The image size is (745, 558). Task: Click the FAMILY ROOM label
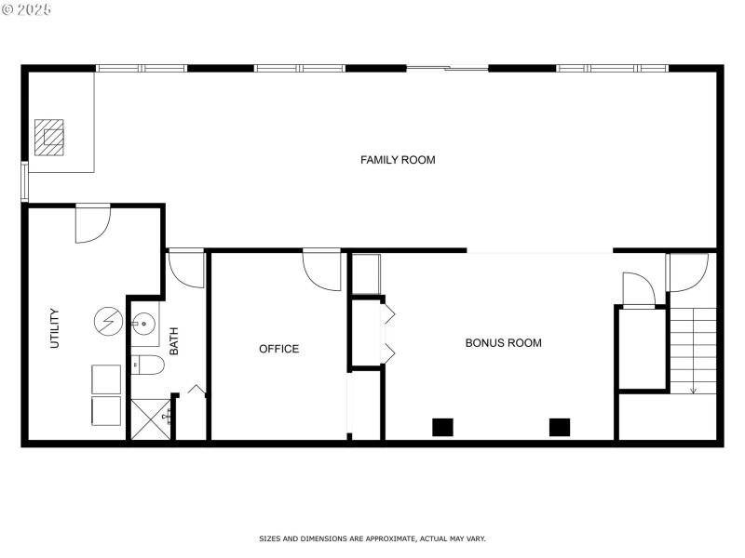click(398, 160)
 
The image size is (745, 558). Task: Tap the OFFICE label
click(278, 349)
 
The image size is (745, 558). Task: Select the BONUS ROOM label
click(503, 343)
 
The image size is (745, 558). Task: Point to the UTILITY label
click(54, 328)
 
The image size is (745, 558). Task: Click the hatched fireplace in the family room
click(50, 137)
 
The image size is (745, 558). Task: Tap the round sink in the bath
click(143, 325)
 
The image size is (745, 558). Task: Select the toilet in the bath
click(146, 365)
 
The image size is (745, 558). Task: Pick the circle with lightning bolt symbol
click(106, 322)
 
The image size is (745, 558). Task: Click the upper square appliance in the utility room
click(105, 379)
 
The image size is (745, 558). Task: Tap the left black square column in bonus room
click(442, 428)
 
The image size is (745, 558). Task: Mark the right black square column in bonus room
click(559, 428)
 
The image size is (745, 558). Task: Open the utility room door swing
click(91, 223)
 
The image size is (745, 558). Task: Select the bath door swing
click(186, 270)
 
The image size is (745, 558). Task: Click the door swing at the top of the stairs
click(686, 272)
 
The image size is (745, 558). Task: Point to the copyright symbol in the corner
click(7, 9)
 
